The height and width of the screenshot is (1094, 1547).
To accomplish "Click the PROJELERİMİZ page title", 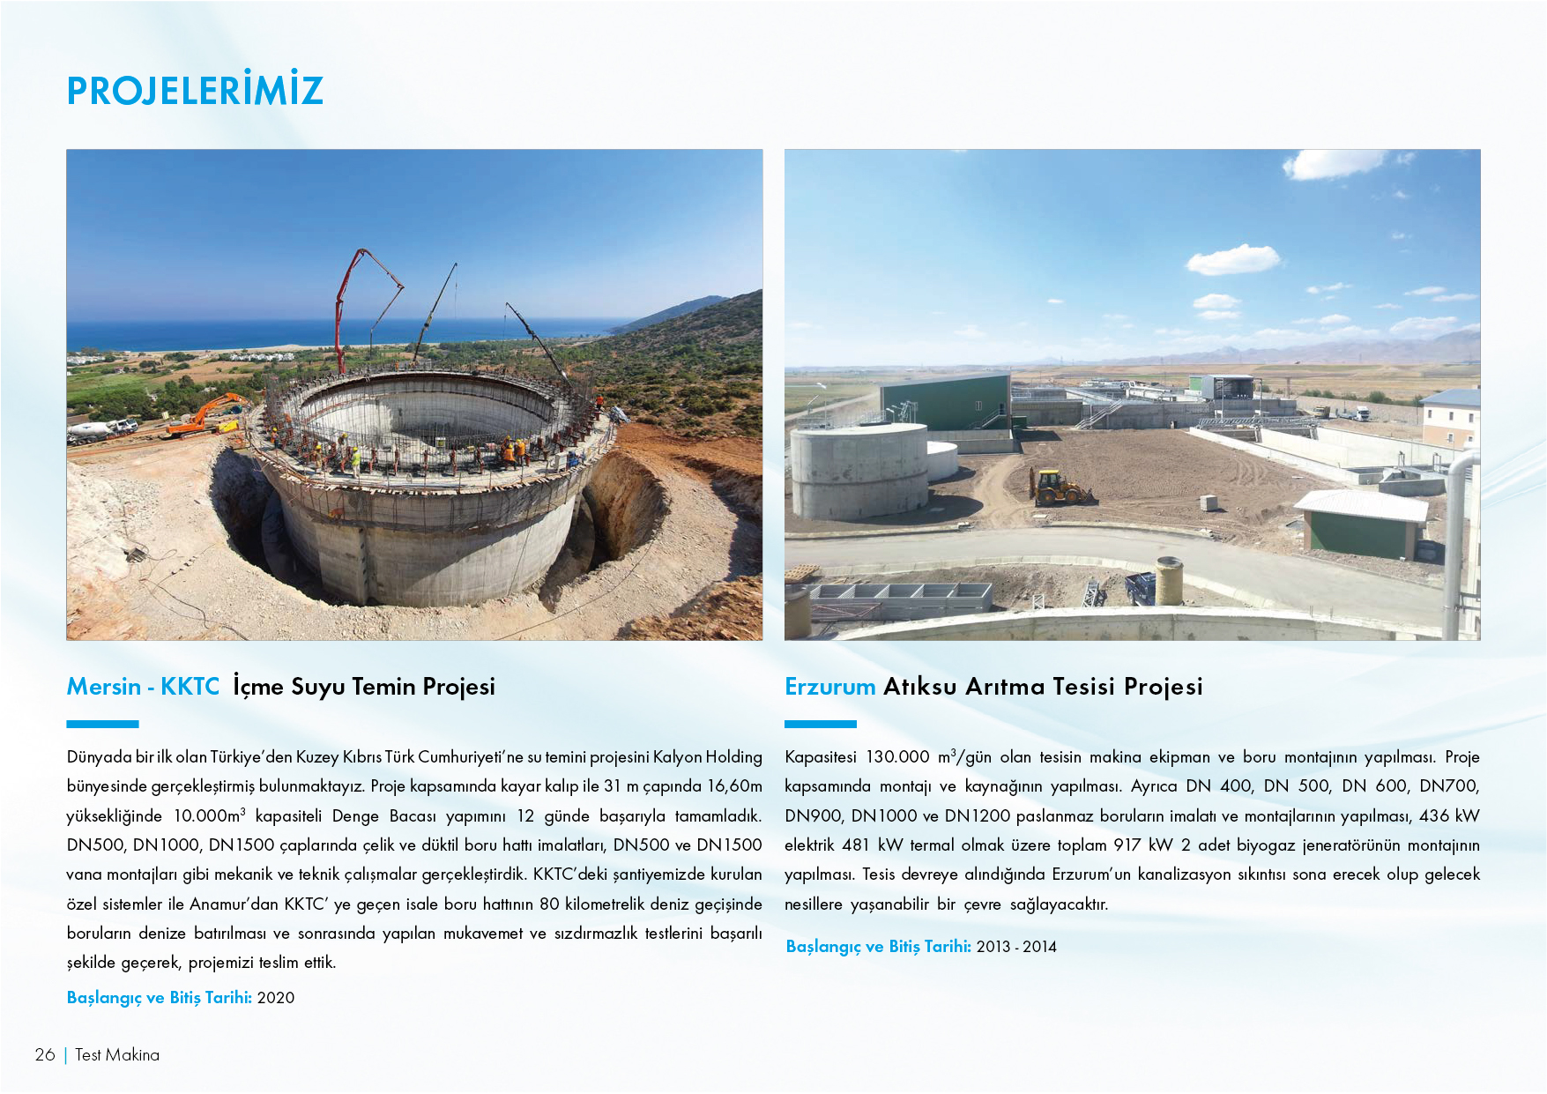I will pyautogui.click(x=195, y=90).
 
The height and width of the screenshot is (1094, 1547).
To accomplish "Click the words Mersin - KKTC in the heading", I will pyautogui.click(x=143, y=687).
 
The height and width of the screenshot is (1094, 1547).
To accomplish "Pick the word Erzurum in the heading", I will pyautogui.click(x=829, y=687).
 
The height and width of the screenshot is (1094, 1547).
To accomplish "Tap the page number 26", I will pyautogui.click(x=45, y=1054).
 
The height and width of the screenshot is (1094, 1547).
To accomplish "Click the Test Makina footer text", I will pyautogui.click(x=117, y=1054).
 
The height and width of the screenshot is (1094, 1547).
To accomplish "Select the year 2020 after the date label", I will pyautogui.click(x=276, y=998).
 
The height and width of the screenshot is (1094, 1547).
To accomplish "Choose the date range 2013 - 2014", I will pyautogui.click(x=1016, y=947).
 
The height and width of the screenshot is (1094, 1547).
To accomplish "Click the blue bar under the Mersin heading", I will pyautogui.click(x=102, y=725).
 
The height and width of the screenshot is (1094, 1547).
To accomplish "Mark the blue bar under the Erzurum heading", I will pyautogui.click(x=820, y=725).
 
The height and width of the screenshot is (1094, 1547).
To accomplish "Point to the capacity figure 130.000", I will pyautogui.click(x=897, y=757).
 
